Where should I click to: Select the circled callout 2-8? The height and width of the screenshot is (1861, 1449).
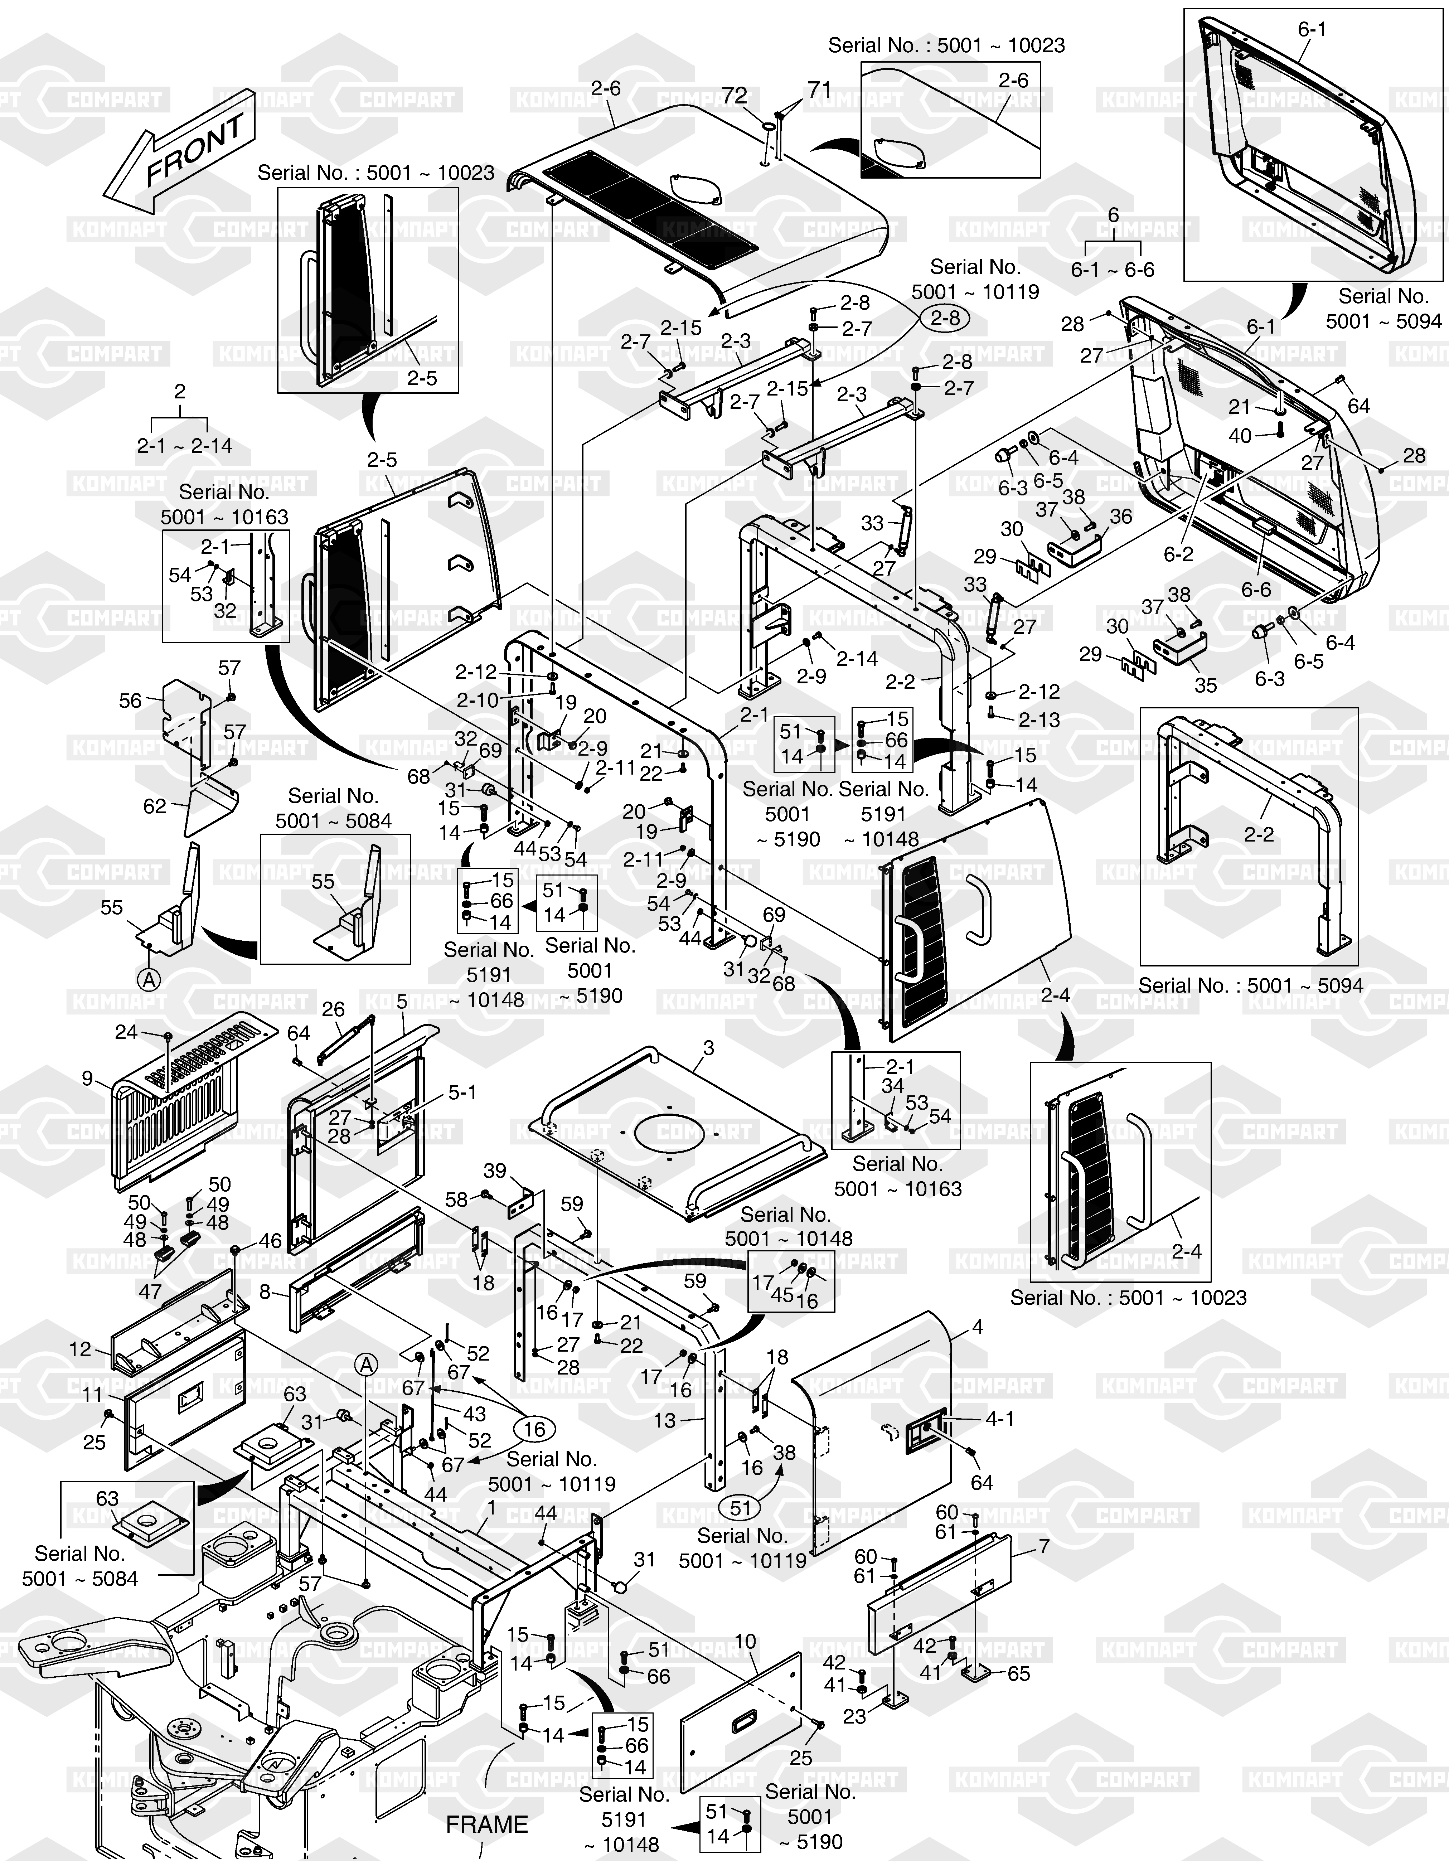944,319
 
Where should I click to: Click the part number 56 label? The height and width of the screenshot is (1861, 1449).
130,701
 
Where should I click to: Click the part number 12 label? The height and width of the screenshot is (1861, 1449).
80,1349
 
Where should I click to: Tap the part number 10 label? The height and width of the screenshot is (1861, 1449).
745,1642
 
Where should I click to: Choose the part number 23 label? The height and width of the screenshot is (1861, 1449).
855,1716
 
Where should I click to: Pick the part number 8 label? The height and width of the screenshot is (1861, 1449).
265,1293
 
